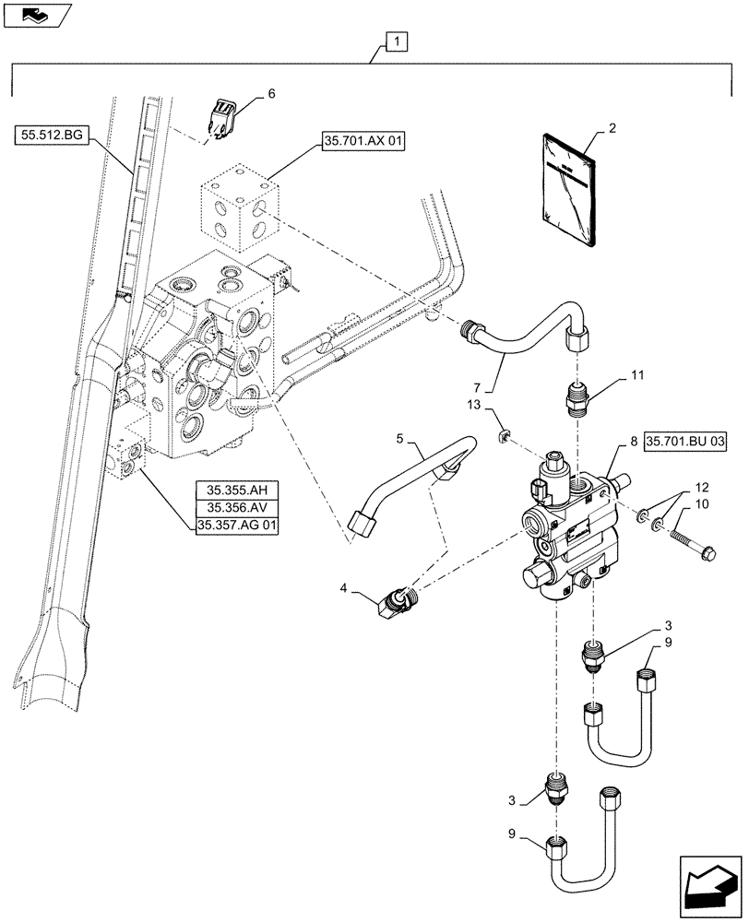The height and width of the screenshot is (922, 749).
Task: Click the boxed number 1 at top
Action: pyautogui.click(x=395, y=42)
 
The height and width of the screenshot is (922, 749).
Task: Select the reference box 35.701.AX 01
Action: pyautogui.click(x=364, y=141)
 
